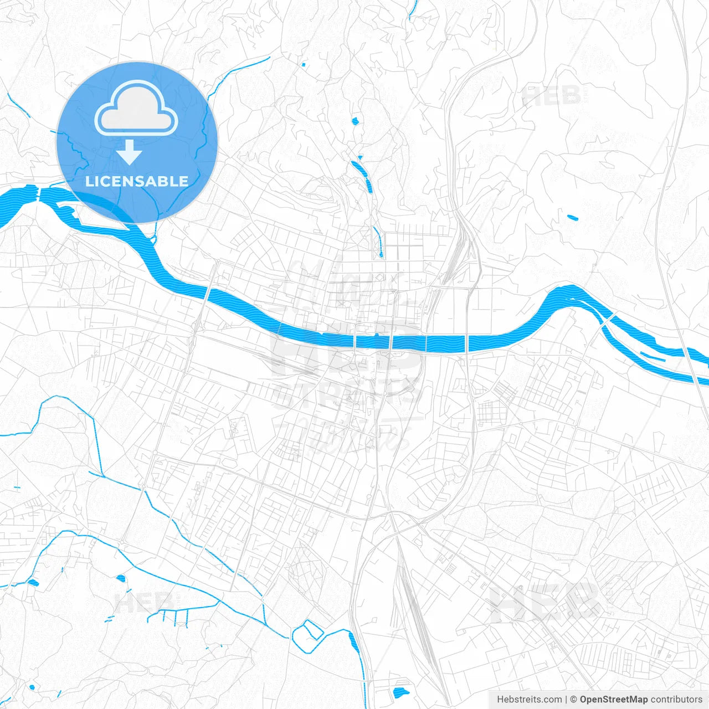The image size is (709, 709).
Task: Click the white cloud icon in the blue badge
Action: [x=136, y=109]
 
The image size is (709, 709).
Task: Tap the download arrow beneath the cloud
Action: [x=130, y=152]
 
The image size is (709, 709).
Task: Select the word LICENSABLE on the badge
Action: [x=137, y=181]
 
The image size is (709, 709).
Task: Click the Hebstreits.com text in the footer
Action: [x=529, y=700]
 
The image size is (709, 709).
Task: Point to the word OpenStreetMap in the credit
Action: [x=613, y=700]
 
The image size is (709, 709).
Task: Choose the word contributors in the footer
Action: [x=676, y=700]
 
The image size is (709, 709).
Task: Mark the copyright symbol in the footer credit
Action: [x=574, y=700]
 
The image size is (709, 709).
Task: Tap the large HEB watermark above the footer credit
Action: [x=546, y=601]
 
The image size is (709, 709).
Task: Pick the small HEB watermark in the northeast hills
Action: [x=551, y=96]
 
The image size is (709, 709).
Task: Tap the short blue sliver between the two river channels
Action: [x=653, y=357]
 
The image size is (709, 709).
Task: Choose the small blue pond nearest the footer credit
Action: [x=400, y=692]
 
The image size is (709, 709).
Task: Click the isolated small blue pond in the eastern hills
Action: [x=572, y=217]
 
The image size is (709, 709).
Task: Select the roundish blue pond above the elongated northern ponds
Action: [x=355, y=121]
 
